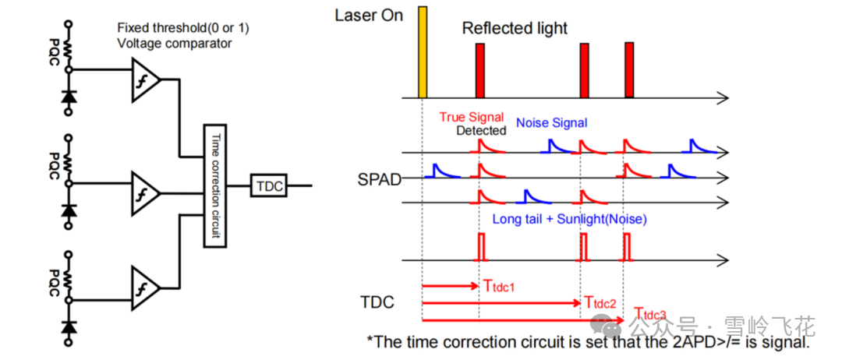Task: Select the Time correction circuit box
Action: click(214, 185)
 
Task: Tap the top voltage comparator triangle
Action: click(147, 79)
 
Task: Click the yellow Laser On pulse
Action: click(423, 51)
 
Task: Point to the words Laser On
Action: click(369, 15)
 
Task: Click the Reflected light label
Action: click(515, 29)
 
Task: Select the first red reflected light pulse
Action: click(480, 70)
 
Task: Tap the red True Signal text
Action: click(472, 117)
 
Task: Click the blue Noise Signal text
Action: click(551, 122)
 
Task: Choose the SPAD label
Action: click(380, 179)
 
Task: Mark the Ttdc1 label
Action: click(499, 288)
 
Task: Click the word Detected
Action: click(481, 130)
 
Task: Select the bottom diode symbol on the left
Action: click(69, 322)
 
